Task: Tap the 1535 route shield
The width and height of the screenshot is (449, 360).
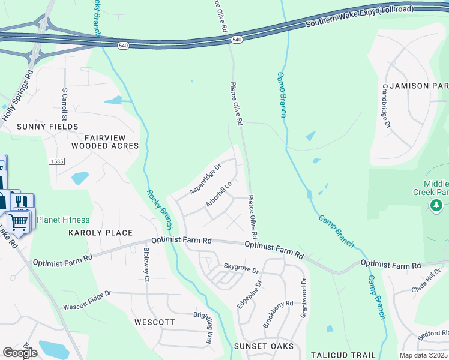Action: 57,162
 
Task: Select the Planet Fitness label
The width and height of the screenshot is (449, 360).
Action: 63,220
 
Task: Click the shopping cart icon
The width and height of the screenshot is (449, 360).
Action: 19,221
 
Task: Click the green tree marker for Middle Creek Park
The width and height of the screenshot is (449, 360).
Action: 437,206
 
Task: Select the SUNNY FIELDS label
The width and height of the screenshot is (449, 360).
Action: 47,127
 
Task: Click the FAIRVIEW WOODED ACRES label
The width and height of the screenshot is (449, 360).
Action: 105,141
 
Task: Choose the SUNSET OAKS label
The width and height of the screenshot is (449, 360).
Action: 264,346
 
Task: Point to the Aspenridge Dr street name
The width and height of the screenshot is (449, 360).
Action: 206,179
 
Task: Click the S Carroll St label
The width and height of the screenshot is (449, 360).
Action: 65,105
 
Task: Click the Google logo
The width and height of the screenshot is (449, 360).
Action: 20,352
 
